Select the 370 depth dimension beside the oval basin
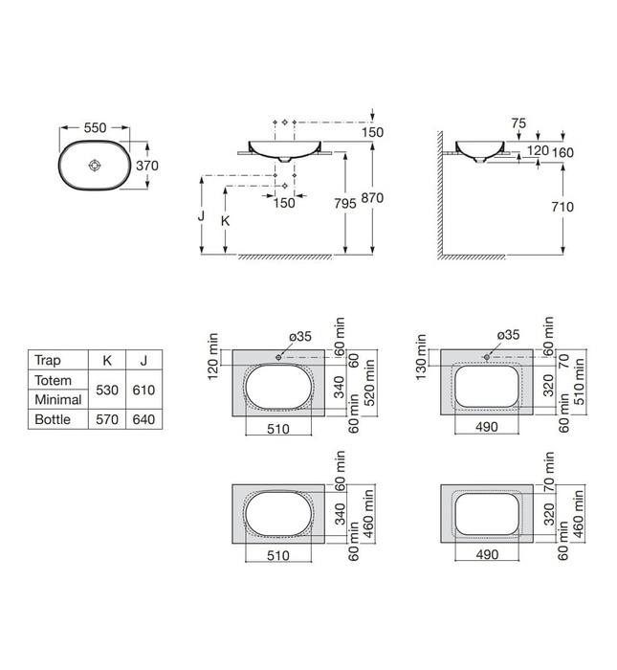click(146, 166)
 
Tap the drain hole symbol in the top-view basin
click(94, 166)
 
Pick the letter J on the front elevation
click(202, 216)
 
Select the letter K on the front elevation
click(226, 220)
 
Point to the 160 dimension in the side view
click(563, 151)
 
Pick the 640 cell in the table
click(142, 419)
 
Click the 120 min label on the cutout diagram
click(214, 354)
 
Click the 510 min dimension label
click(578, 377)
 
